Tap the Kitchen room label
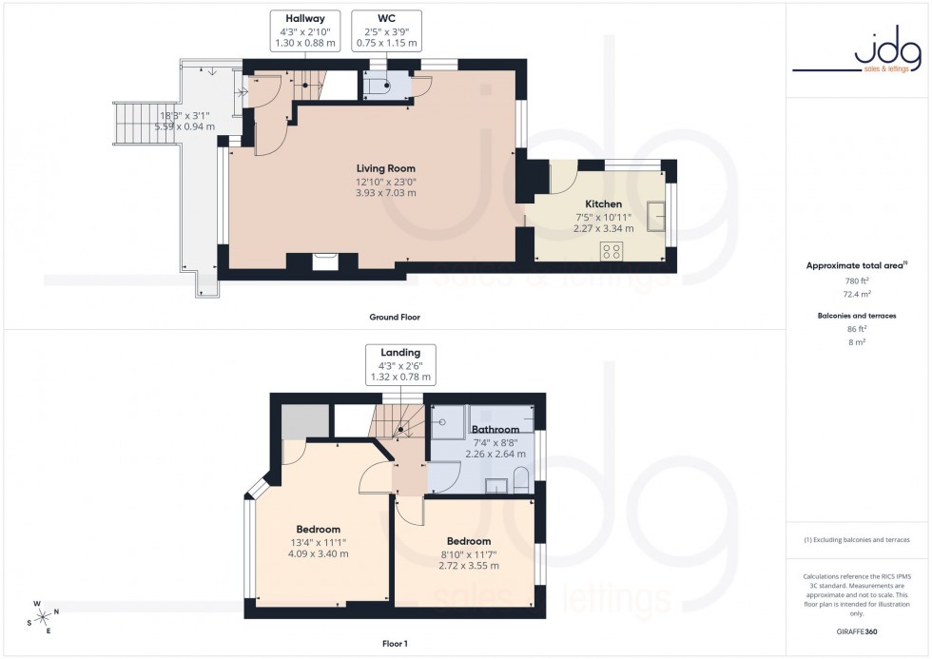point(603,204)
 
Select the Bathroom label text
point(495,430)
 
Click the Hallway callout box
point(299,30)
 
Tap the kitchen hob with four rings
point(612,251)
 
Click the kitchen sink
point(655,216)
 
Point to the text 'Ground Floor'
point(395,317)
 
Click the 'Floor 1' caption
point(394,644)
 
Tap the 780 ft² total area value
point(858,281)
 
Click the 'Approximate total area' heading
point(856,265)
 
